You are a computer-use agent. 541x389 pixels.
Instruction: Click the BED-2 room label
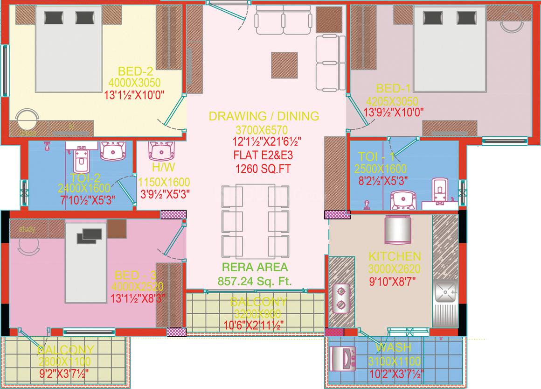click(135, 71)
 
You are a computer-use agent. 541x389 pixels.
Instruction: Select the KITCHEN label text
click(395, 256)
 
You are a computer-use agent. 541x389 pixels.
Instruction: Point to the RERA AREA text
click(255, 268)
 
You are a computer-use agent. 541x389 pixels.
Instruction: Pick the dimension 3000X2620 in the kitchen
click(395, 269)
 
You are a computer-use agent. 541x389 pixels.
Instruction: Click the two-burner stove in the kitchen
click(341, 298)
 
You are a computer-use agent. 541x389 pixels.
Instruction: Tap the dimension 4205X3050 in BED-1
click(392, 101)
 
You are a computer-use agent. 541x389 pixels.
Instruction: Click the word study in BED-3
click(28, 229)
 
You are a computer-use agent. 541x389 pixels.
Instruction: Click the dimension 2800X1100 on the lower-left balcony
click(66, 361)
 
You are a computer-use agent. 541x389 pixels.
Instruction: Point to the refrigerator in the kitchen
click(398, 230)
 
